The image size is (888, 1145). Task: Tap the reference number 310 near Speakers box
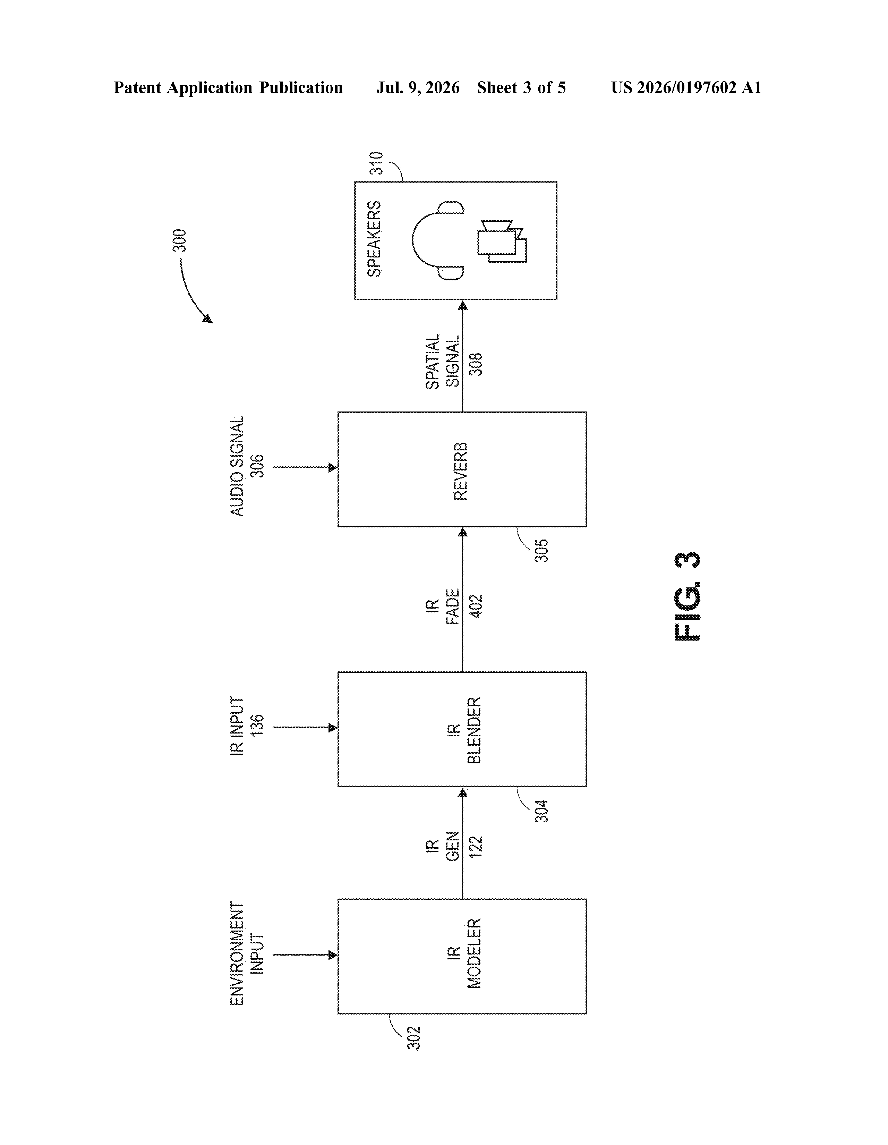pyautogui.click(x=376, y=163)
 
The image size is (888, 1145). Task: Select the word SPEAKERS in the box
pyautogui.click(x=374, y=239)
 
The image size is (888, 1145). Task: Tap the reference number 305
pyautogui.click(x=541, y=551)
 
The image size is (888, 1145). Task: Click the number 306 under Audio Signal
pyautogui.click(x=257, y=466)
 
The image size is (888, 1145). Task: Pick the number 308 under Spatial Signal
pyautogui.click(x=476, y=364)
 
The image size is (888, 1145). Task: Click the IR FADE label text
pyautogui.click(x=443, y=607)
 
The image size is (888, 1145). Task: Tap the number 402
pyautogui.click(x=476, y=607)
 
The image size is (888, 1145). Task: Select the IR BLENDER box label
pyautogui.click(x=464, y=730)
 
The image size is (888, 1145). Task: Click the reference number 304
pyautogui.click(x=541, y=811)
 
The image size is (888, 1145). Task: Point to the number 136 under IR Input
pyautogui.click(x=257, y=726)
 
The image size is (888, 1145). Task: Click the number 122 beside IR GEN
pyautogui.click(x=476, y=846)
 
